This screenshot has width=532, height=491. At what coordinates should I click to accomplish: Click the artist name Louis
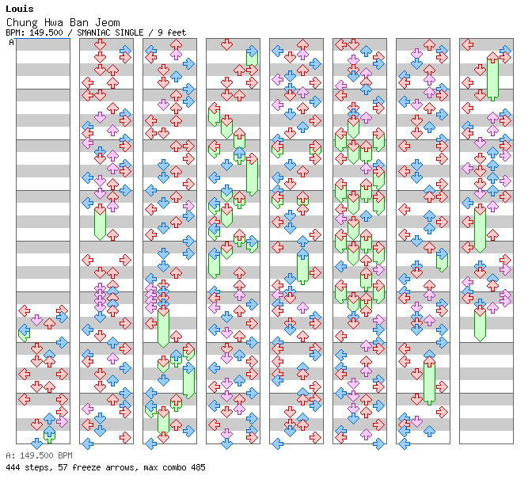pos(20,9)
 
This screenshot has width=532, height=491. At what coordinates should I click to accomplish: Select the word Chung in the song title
pos(22,23)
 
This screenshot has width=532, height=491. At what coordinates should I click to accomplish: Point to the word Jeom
pos(108,23)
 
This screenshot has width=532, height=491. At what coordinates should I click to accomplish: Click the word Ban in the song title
pos(79,23)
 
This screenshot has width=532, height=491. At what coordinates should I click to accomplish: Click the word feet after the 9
pos(177,32)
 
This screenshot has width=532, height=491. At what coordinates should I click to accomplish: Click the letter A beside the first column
pos(11,43)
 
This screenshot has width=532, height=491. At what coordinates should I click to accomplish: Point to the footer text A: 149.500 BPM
pos(39,455)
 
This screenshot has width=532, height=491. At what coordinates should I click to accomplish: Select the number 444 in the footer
pos(13,467)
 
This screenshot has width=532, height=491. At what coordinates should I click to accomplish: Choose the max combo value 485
pos(198,467)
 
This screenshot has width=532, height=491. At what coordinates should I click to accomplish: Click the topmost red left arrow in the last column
pos(468,44)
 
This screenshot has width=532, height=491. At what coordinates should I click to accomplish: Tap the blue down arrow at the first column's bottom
pos(36,443)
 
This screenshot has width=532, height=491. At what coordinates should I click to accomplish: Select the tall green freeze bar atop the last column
pos(492,77)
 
